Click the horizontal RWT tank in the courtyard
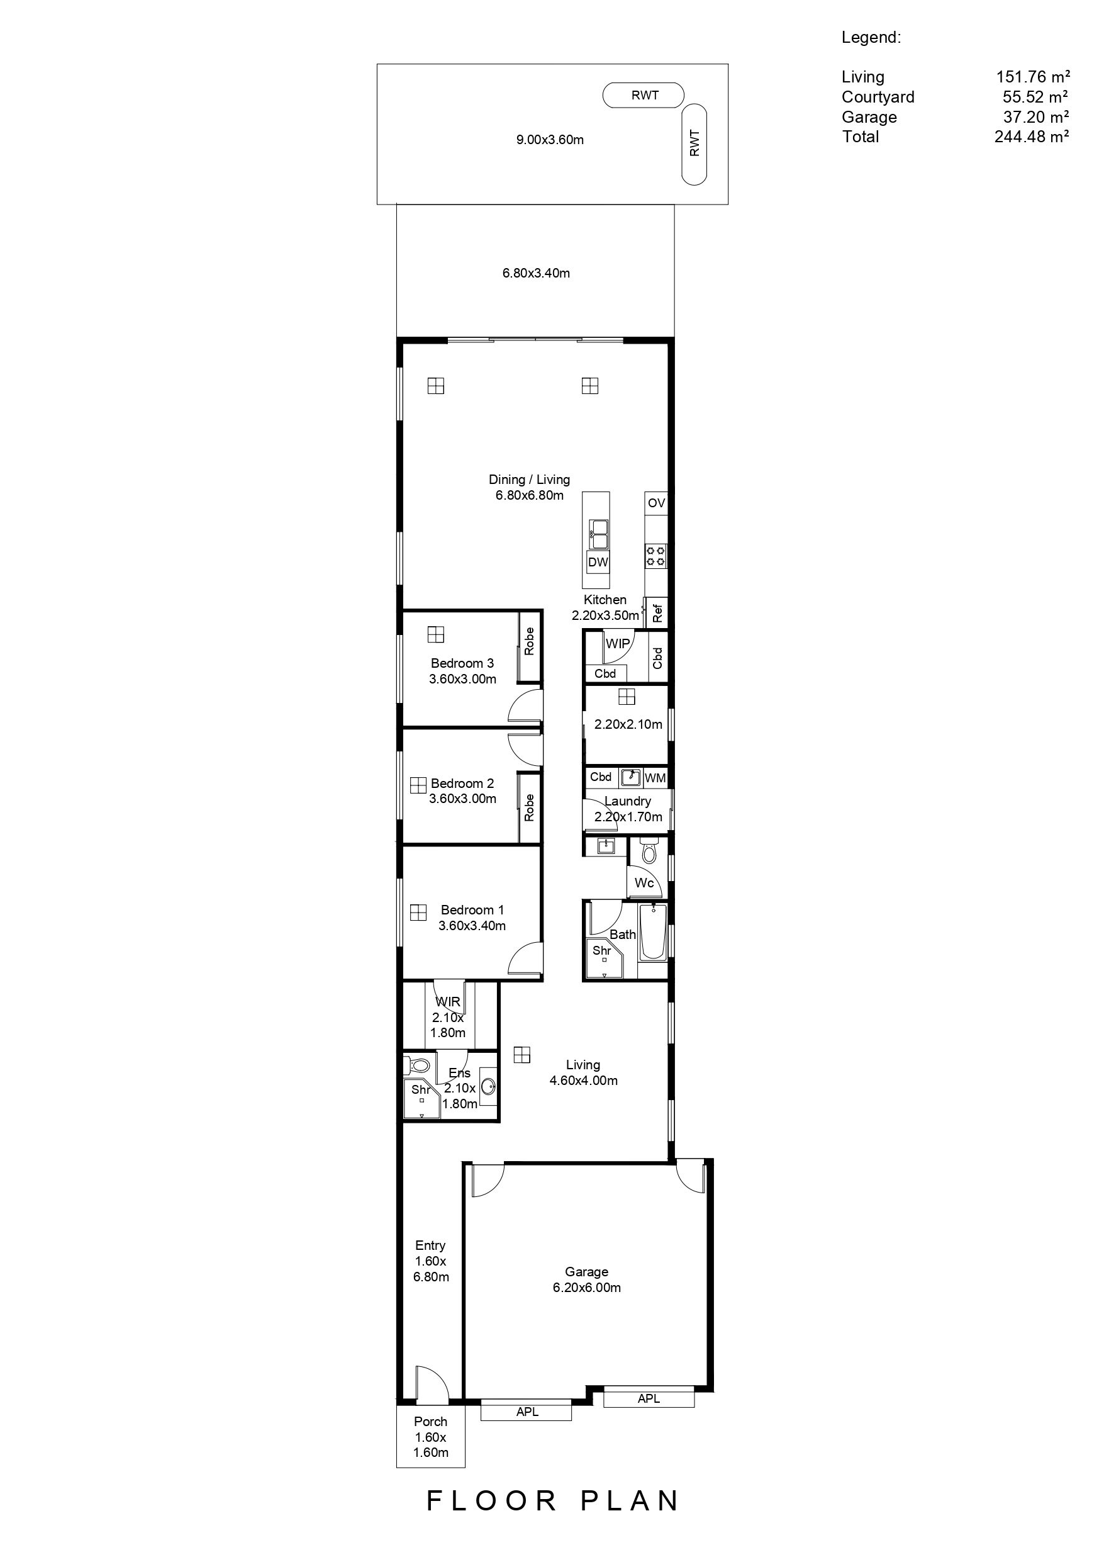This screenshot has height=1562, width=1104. pos(644,95)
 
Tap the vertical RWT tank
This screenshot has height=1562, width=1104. pos(694,143)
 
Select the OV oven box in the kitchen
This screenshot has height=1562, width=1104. pos(656,503)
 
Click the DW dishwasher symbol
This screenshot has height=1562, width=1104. pos(598,562)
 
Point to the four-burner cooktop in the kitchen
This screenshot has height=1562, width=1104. pos(656,556)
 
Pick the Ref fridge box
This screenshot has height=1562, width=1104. pos(657,613)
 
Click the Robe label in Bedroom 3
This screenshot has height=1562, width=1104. pos(530,641)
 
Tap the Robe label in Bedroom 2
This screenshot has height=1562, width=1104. pos(530,807)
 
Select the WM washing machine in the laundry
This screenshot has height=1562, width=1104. pos(655,778)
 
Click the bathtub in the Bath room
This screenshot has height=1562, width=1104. pos(653,933)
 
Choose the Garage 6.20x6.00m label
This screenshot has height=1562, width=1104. pos(586,1279)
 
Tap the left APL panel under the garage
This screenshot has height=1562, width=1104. pos(527,1412)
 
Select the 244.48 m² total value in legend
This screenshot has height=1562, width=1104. pos(1031,137)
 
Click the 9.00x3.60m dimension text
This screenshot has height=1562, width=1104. pos(550,140)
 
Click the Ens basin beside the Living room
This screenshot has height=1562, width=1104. pos(488,1086)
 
